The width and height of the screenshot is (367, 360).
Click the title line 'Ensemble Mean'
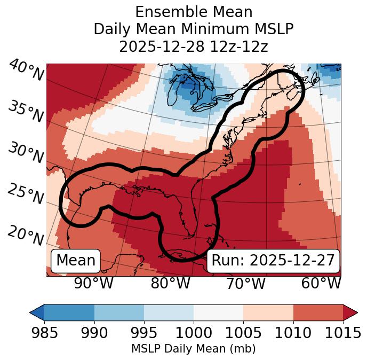193,12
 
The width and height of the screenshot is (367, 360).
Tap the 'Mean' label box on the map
76,261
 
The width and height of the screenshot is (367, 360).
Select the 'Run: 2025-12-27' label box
273,261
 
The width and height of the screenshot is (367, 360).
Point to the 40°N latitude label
26,71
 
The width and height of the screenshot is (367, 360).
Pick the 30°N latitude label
26,153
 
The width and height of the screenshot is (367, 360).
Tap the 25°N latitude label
26,194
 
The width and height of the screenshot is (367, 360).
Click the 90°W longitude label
93,284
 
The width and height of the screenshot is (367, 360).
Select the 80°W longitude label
170,284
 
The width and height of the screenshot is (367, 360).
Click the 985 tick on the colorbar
44,334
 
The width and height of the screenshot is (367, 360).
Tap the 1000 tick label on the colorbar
194,334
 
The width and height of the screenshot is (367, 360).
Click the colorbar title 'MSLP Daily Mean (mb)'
193,349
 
